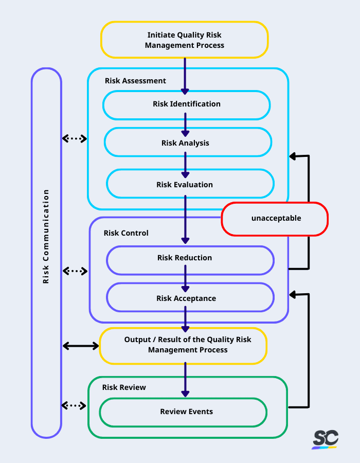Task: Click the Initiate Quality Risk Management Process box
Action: [185, 40]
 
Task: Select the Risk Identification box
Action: [186, 104]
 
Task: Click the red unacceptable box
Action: [275, 219]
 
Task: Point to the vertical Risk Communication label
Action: [46, 237]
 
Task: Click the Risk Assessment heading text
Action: [135, 81]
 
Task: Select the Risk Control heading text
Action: [126, 233]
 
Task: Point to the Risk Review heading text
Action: [124, 387]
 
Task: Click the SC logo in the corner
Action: [325, 439]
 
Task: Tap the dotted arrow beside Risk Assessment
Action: [75, 138]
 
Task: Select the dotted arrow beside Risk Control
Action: [75, 271]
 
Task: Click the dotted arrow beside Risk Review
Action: [75, 405]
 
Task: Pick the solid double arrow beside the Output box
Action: [80, 346]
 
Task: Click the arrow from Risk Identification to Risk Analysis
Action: [185, 124]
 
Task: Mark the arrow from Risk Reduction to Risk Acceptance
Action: [185, 279]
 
